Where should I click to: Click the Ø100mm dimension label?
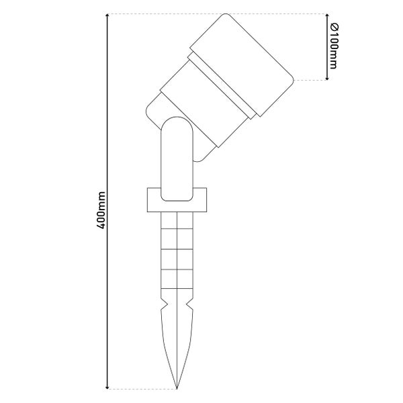(334, 46)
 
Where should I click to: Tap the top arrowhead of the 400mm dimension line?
(107, 15)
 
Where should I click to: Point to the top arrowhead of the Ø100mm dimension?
(327, 15)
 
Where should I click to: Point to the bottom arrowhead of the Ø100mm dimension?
(327, 78)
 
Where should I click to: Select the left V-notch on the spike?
(165, 304)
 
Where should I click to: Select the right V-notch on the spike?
(189, 304)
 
